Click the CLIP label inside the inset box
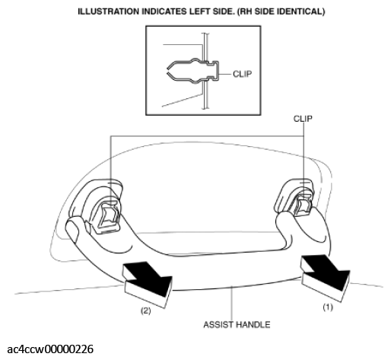click(243, 74)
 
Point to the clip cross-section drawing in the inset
click(192, 71)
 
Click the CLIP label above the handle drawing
click(303, 119)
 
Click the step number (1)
click(328, 307)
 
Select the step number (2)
click(145, 311)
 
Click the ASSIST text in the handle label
click(218, 324)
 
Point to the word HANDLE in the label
click(253, 324)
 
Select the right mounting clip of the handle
click(303, 205)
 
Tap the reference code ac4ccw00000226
click(50, 349)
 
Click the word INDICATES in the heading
click(163, 11)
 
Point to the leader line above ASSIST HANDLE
click(232, 303)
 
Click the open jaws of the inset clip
click(170, 71)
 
